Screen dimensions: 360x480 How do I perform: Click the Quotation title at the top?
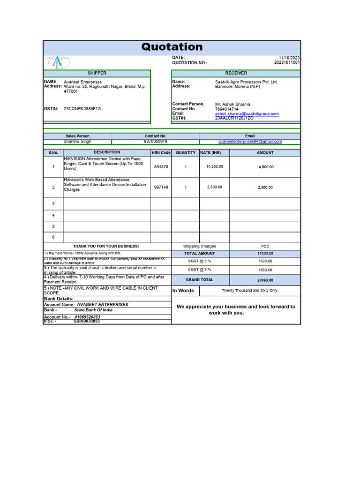[172, 47]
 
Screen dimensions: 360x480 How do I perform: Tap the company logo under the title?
[58, 62]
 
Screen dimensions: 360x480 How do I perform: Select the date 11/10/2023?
[289, 58]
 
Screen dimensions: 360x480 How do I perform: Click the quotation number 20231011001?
[287, 62]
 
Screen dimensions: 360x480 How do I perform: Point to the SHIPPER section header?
[97, 73]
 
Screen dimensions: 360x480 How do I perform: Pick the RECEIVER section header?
[236, 73]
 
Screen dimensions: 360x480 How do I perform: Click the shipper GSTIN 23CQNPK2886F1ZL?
[83, 109]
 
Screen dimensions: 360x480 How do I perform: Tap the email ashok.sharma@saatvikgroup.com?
[247, 113]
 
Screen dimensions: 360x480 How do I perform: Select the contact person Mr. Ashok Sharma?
[232, 104]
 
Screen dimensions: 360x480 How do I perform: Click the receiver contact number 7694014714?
[227, 109]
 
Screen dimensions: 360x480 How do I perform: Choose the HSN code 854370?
[161, 167]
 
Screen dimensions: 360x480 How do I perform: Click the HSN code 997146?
[161, 187]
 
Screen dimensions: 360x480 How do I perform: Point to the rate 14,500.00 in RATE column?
[215, 166]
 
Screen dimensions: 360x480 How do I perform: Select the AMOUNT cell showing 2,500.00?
[265, 187]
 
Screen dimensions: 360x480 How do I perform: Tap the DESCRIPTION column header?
[107, 152]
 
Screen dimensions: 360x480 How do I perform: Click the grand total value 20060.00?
[265, 280]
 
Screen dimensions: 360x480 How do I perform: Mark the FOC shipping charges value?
[265, 246]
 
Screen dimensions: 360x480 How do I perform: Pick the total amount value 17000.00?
[265, 254]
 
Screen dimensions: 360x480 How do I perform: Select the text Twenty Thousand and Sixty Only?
[250, 291]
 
